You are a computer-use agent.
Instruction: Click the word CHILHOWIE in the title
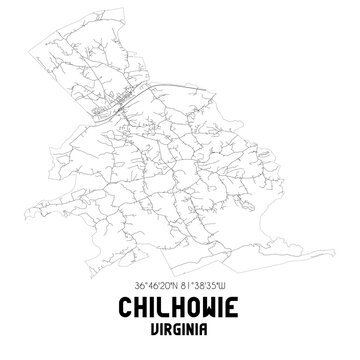click(180, 309)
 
